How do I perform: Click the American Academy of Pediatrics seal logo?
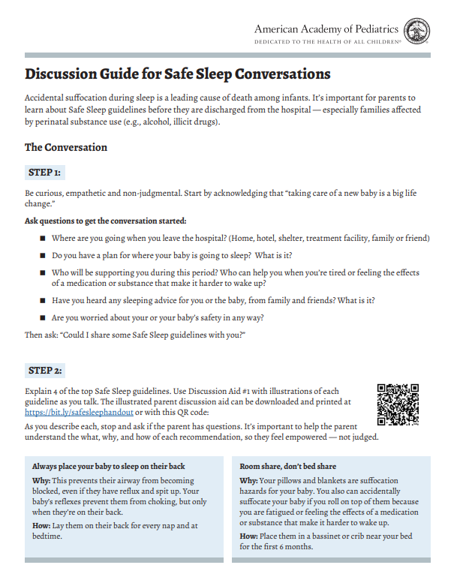[x=416, y=31]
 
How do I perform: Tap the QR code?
[x=398, y=404]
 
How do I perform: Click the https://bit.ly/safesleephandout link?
[x=79, y=412]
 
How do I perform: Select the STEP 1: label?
[x=45, y=173]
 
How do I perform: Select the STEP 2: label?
[x=45, y=371]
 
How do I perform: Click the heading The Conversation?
[x=66, y=147]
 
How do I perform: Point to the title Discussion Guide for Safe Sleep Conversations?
[x=178, y=75]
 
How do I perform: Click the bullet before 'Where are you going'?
[x=43, y=239]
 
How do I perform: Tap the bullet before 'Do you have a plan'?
[x=43, y=256]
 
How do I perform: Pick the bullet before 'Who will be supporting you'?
[x=43, y=273]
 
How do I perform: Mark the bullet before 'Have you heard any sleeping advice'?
[x=43, y=300]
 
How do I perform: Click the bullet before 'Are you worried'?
[x=43, y=317]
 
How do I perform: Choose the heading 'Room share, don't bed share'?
[x=288, y=465]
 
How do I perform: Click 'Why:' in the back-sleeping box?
[x=41, y=481]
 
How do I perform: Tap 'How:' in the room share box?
[x=248, y=536]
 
